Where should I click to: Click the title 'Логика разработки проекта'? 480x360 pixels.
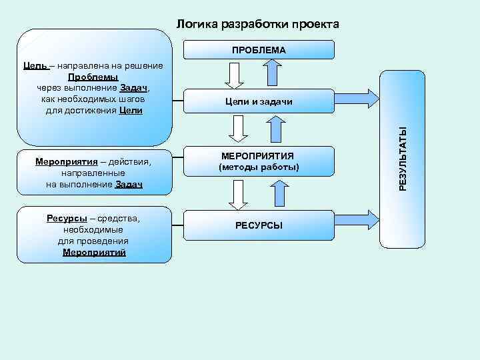[x=257, y=25]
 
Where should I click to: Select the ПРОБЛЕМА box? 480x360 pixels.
[x=259, y=50]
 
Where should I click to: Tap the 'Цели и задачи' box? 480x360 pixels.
[x=259, y=101]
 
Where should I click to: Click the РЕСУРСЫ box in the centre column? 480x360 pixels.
[x=259, y=225]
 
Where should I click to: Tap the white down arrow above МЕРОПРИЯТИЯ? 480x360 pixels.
[x=236, y=127]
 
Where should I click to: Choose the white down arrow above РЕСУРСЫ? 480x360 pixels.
[x=236, y=194]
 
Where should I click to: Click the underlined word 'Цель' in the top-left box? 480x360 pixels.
[x=35, y=66]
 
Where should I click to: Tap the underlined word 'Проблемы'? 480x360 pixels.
[x=93, y=77]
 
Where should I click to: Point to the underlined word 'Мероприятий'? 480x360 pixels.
[x=94, y=253]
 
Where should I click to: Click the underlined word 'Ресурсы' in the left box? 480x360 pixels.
[x=67, y=219]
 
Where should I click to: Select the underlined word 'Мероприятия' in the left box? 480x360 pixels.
[x=63, y=162]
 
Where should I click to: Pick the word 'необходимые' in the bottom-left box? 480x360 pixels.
[x=94, y=230]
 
